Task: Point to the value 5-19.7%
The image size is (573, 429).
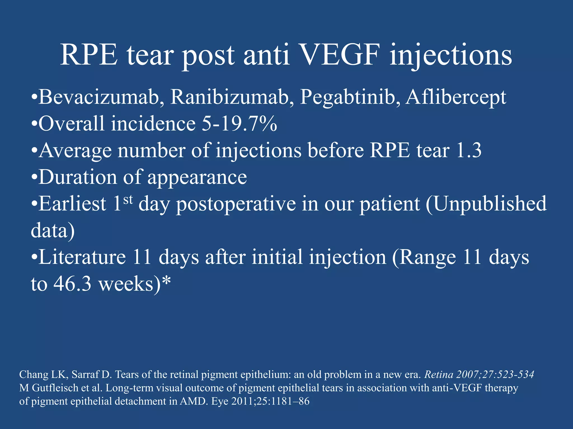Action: click(239, 124)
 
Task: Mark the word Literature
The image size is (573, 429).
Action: click(82, 257)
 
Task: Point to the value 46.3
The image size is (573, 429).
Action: click(72, 284)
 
